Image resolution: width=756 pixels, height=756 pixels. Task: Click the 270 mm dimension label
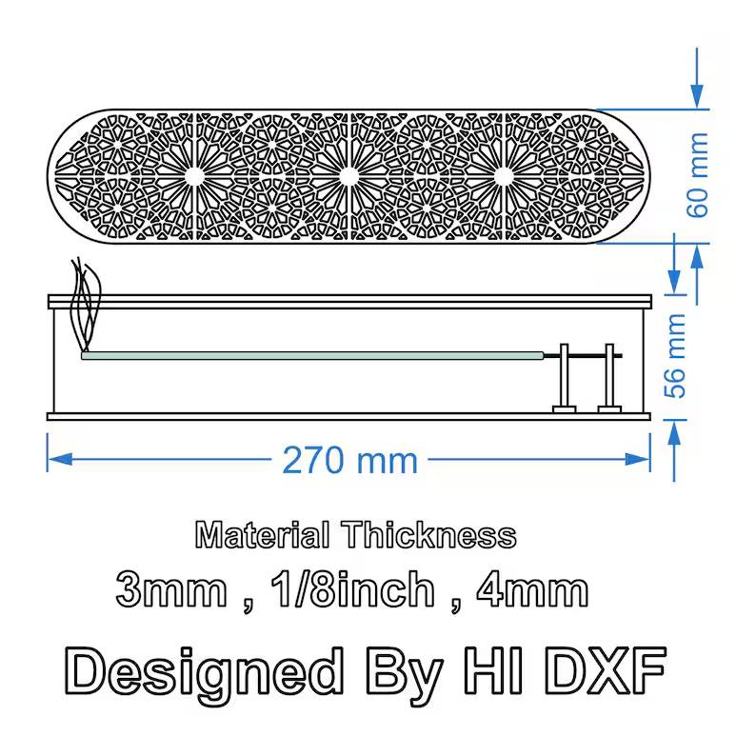click(x=349, y=460)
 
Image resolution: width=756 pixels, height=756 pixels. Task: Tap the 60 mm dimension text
click(x=698, y=175)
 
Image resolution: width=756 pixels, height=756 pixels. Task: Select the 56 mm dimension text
click(x=675, y=356)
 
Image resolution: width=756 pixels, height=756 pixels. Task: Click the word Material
click(x=263, y=535)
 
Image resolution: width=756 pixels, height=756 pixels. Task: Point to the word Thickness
click(x=429, y=535)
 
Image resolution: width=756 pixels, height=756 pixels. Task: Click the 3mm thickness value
click(x=171, y=589)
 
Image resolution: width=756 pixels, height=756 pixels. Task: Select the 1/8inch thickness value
click(x=352, y=588)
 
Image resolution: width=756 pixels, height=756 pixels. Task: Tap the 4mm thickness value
click(x=532, y=589)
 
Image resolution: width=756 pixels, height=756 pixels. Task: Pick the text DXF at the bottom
click(x=608, y=670)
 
